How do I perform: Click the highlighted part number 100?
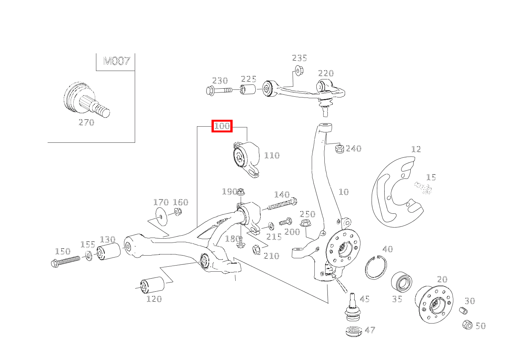[222, 126]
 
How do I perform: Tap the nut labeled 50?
[467, 324]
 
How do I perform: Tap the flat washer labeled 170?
[161, 217]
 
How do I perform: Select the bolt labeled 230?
[218, 91]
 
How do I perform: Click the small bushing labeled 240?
[339, 149]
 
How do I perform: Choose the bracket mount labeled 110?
[246, 159]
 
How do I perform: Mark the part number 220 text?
[326, 73]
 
